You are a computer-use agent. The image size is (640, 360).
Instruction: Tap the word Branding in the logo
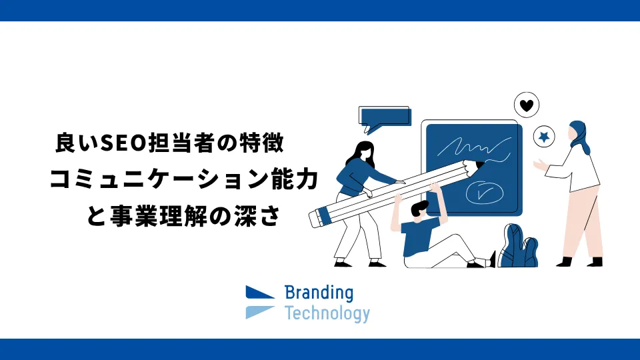[x=319, y=293]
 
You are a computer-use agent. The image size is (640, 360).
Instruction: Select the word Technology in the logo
[x=327, y=313]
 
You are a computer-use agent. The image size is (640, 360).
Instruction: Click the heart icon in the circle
[x=527, y=105]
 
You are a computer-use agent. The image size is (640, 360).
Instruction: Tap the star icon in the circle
[x=544, y=137]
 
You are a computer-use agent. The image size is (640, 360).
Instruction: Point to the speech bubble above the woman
[x=384, y=117]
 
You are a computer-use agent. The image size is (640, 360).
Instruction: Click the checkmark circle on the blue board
[x=482, y=192]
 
